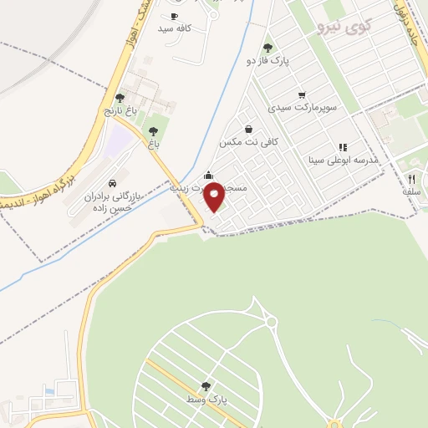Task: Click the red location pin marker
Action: click(x=215, y=196)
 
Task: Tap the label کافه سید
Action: click(x=176, y=28)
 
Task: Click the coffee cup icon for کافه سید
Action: click(x=174, y=16)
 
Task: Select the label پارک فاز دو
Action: click(x=267, y=60)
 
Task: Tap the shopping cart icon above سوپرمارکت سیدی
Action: click(x=302, y=95)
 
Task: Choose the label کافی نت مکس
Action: click(x=248, y=142)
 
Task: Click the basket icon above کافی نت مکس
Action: click(x=249, y=129)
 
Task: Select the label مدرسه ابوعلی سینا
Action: click(x=344, y=159)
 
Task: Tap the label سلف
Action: click(x=411, y=191)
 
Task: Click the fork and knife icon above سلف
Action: click(x=411, y=179)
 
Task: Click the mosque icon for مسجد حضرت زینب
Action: click(x=208, y=176)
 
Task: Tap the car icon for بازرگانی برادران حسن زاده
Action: click(x=112, y=183)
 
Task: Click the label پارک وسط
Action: click(x=206, y=399)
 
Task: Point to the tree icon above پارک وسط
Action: click(x=206, y=386)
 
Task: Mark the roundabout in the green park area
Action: click(x=269, y=323)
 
